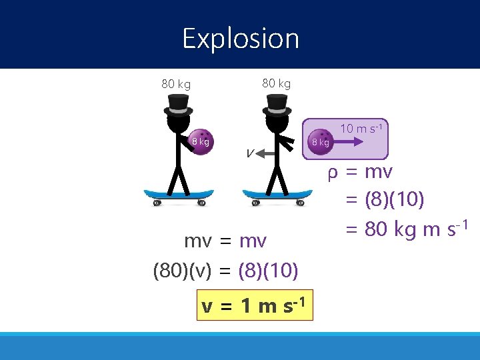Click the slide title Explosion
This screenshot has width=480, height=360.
[241, 39]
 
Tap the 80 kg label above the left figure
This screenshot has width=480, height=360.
[176, 85]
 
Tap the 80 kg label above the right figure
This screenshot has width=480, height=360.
[276, 83]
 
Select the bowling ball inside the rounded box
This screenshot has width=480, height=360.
[321, 141]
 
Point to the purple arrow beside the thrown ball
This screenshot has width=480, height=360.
[363, 141]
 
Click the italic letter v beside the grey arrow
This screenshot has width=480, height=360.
[249, 153]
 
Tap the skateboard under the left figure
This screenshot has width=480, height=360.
[179, 196]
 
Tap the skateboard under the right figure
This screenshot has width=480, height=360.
[277, 196]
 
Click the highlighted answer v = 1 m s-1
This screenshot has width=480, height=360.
[255, 306]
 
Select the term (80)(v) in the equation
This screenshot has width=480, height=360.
[182, 271]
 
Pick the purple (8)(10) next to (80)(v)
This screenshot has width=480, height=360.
[268, 271]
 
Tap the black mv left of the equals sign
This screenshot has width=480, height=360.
[199, 241]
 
